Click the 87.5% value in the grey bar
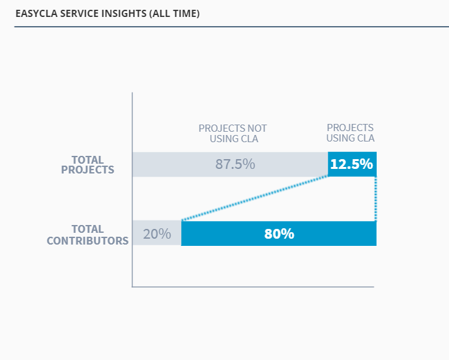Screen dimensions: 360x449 (235, 164)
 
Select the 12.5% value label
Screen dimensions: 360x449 (351, 164)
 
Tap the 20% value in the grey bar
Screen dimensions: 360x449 (157, 233)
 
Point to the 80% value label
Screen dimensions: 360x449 (279, 233)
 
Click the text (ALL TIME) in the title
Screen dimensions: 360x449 (177, 12)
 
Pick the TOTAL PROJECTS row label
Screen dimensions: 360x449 (87, 165)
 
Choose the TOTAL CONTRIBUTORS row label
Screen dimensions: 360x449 (87, 235)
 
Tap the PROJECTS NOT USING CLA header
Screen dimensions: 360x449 (233, 133)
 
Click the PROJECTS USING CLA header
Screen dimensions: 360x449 (351, 132)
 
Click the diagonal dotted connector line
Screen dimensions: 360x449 (254, 198)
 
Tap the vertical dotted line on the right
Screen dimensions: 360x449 (376, 199)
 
